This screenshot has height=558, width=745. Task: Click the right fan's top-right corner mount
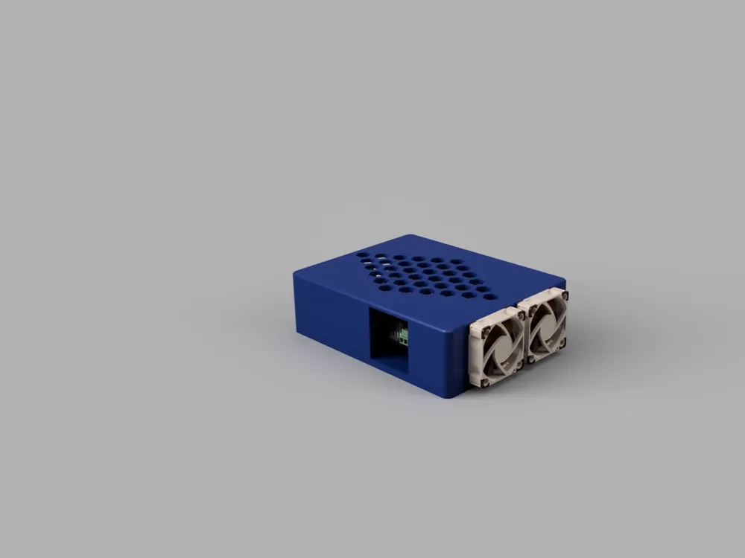[564, 295]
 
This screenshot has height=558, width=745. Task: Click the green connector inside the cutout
[403, 336]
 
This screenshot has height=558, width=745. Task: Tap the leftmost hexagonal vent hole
[363, 254]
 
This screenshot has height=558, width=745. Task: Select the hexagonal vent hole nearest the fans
[489, 296]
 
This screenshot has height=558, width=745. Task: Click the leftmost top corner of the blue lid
[296, 272]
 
